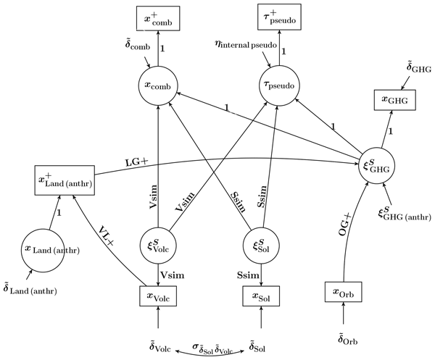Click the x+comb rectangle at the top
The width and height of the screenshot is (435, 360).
(x=158, y=17)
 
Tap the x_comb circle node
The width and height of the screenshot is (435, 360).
(x=158, y=85)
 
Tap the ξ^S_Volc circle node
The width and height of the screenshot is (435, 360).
(x=158, y=244)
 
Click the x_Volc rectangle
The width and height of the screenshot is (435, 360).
(x=158, y=296)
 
